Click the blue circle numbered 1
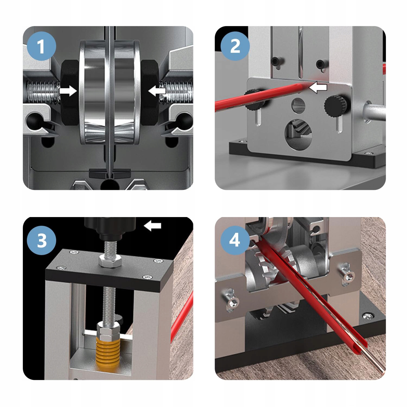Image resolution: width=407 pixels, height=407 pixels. pos(42,46)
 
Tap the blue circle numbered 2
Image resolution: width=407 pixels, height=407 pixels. pos(235,46)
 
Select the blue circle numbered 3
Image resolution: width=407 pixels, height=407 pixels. pos(42,240)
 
